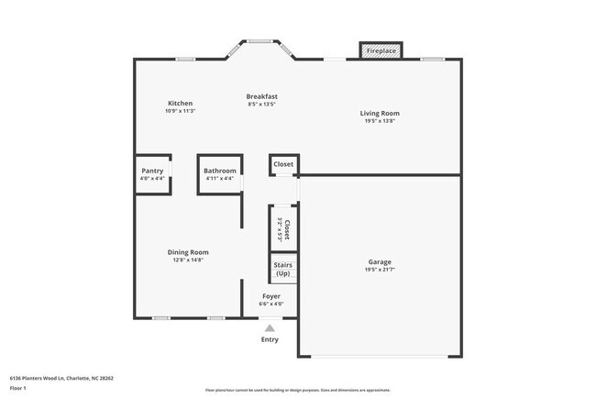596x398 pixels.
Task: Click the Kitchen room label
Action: [180, 103]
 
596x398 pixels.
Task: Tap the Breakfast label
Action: [261, 96]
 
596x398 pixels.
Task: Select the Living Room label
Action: [379, 114]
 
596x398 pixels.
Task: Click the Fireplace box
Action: [381, 51]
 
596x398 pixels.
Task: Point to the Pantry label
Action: [152, 171]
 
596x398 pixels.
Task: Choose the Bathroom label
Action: [220, 171]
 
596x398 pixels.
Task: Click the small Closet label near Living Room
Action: [283, 164]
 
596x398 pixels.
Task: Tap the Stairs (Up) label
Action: [283, 270]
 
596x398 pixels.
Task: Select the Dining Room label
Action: [188, 252]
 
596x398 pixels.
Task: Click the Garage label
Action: [379, 262]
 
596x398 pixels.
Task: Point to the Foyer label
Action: [271, 296]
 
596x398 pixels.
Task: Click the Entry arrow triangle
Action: [270, 326]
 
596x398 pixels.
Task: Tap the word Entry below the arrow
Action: [270, 339]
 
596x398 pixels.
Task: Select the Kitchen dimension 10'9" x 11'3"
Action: [180, 111]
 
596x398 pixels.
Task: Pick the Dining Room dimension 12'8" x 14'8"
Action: [188, 260]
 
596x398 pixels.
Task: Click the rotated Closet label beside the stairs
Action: [287, 228]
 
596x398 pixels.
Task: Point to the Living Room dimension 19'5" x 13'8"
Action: [379, 121]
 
